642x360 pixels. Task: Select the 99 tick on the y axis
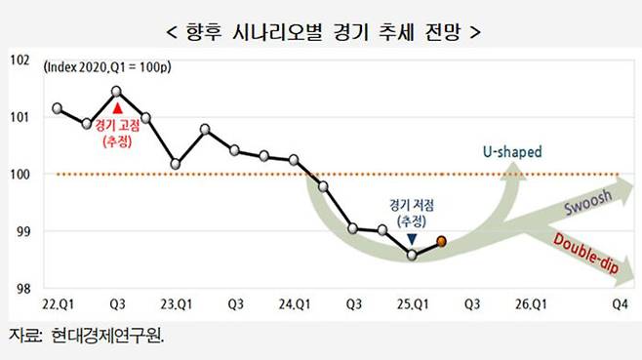(20, 232)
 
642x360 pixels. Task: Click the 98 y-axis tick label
(20, 290)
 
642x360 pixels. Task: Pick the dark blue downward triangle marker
(412, 237)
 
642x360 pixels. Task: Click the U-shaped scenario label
(512, 152)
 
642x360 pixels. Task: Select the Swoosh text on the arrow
(587, 204)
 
